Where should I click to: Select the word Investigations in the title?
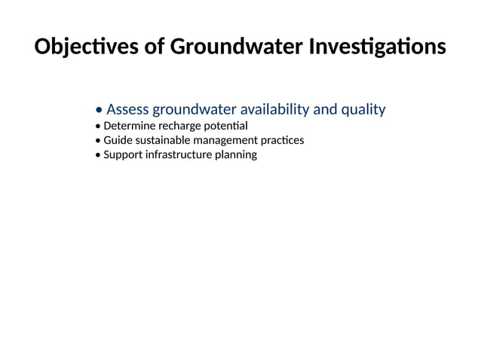pos(378,47)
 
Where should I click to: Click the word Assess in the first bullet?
pos(128,110)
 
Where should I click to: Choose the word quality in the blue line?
pos(363,110)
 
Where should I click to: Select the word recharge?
pos(180,126)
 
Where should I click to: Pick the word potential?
pos(226,126)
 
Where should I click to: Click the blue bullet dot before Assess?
pos(100,111)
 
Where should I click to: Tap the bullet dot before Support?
pos(98,155)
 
